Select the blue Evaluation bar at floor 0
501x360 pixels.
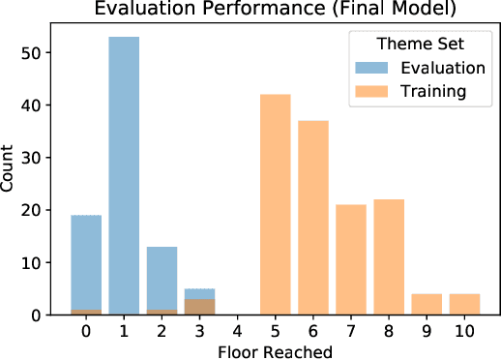click(x=87, y=261)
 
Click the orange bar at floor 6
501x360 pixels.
click(x=311, y=218)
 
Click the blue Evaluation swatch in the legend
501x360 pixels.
click(x=370, y=68)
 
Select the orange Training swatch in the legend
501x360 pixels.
click(x=370, y=91)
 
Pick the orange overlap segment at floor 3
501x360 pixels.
click(x=198, y=308)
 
